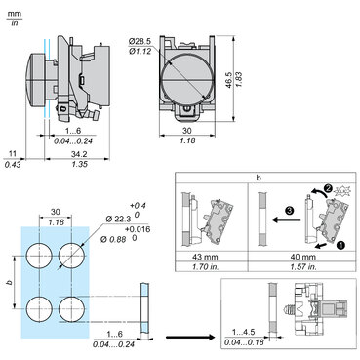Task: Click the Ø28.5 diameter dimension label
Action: tap(140, 42)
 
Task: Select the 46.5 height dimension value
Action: tap(229, 80)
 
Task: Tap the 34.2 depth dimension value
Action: tap(79, 154)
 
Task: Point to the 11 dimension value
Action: tap(13, 154)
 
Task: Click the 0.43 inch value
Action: tap(13, 165)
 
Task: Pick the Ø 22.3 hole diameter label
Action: tap(118, 220)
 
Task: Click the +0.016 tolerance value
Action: tap(140, 229)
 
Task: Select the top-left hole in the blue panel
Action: tap(39, 256)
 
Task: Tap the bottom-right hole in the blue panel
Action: tap(72, 309)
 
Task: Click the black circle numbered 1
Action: tap(340, 245)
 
